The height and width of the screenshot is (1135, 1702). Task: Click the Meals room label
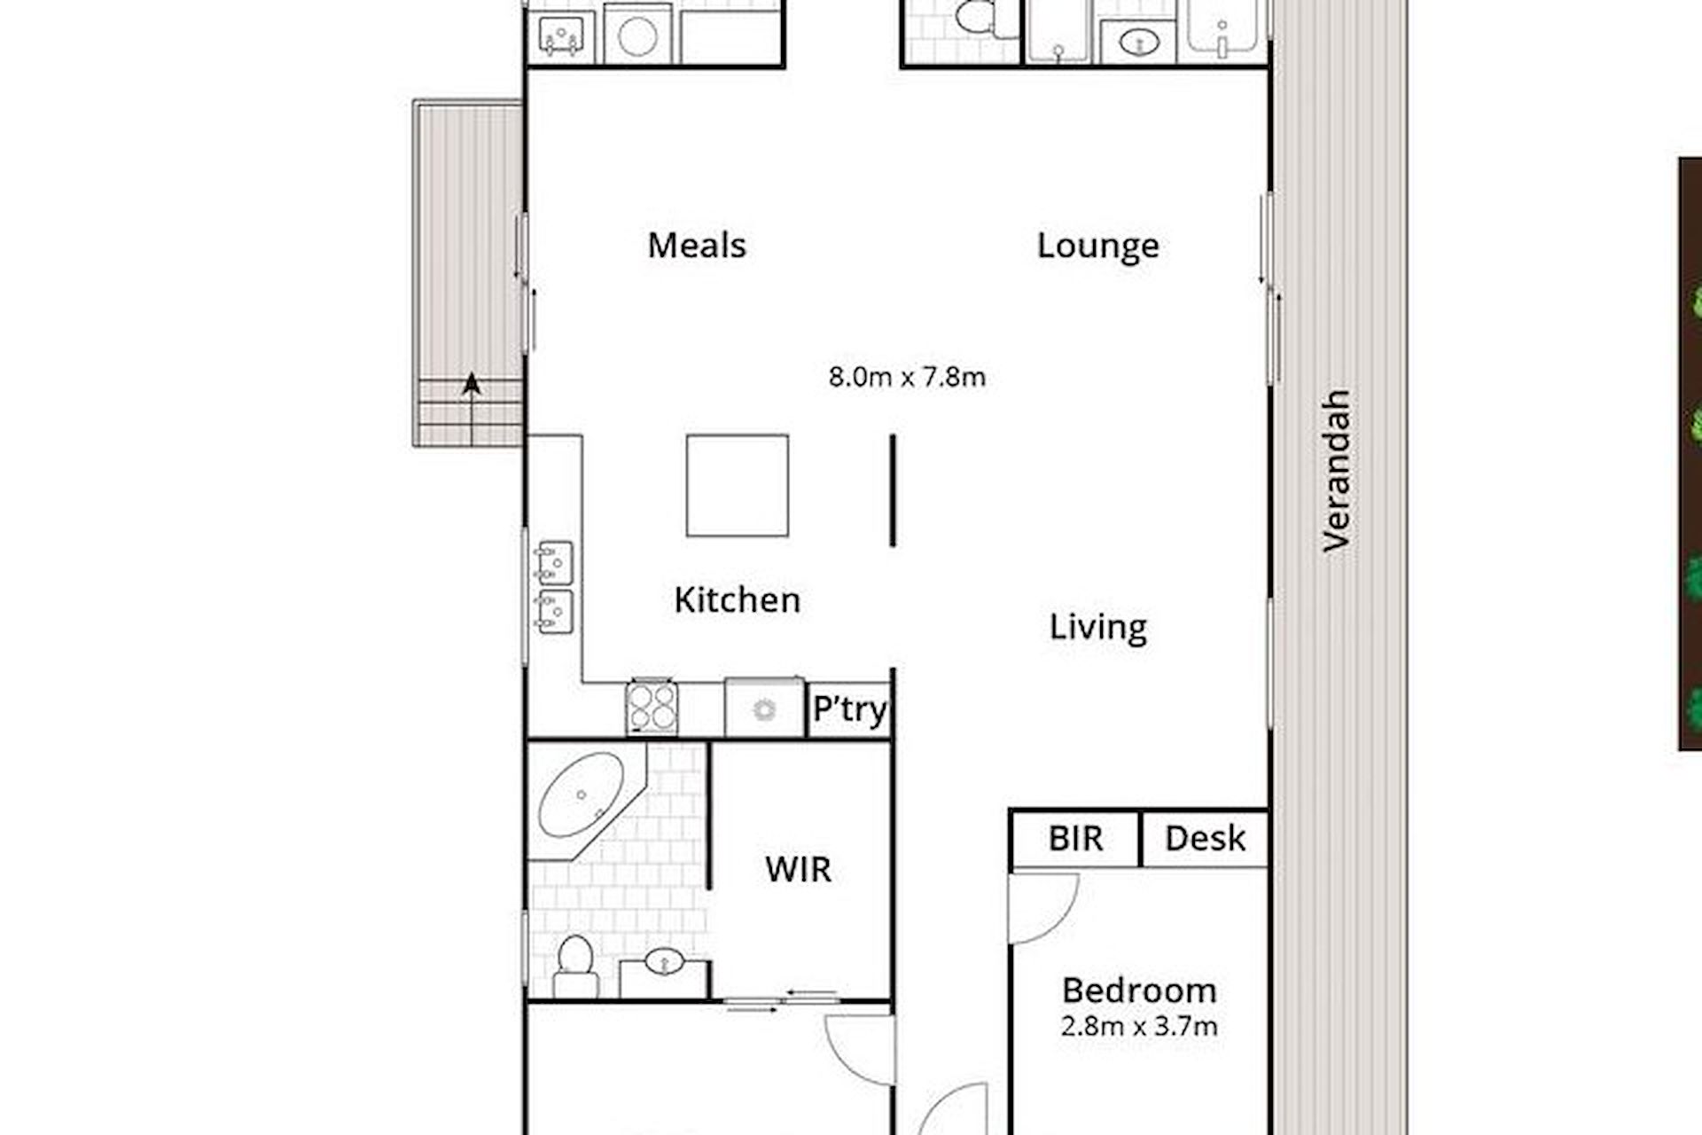(697, 246)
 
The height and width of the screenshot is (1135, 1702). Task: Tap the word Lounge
(1097, 247)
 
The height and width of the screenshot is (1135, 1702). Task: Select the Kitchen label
(737, 600)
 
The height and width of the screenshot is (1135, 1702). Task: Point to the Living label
(1097, 628)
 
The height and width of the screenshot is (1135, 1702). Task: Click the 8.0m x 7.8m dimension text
(907, 377)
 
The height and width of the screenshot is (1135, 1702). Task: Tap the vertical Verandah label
(1336, 471)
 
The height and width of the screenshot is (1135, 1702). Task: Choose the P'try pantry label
(850, 710)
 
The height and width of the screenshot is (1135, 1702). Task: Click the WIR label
(798, 870)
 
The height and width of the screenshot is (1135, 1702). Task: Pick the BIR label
(1075, 839)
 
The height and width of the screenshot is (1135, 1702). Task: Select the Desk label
(1205, 839)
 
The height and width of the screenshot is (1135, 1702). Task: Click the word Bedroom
(1139, 990)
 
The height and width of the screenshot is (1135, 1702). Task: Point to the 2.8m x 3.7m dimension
(1139, 1027)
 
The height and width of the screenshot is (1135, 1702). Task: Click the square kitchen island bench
(738, 485)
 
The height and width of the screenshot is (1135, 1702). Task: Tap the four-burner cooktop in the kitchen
(652, 708)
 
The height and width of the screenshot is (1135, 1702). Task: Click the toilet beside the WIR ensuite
(575, 967)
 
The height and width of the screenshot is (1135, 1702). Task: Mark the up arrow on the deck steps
(472, 409)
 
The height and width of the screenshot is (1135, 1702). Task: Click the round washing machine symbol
(637, 36)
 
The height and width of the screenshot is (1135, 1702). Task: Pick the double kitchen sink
(553, 587)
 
